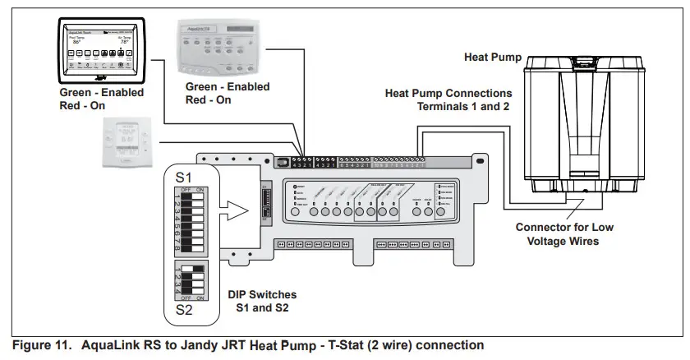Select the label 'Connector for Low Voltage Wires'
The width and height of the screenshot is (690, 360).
563,233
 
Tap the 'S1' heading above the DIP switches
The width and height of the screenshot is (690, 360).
185,177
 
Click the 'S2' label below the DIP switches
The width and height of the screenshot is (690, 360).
185,312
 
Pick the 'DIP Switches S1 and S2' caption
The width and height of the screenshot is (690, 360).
262,300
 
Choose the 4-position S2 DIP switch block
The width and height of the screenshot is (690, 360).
189,282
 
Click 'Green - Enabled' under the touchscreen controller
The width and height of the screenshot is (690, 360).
101,93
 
